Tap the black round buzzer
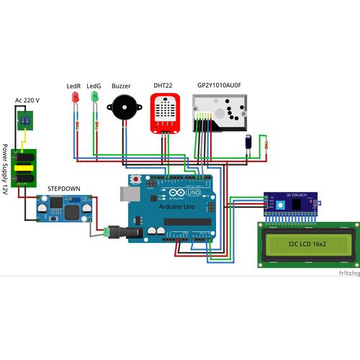point(122,109)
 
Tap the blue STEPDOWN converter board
point(65,209)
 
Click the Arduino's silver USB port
point(127,194)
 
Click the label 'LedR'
point(73,85)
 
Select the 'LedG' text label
point(94,85)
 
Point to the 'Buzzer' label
point(121,85)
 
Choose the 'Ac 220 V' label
point(27,100)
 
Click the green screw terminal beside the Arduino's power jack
point(109,232)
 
